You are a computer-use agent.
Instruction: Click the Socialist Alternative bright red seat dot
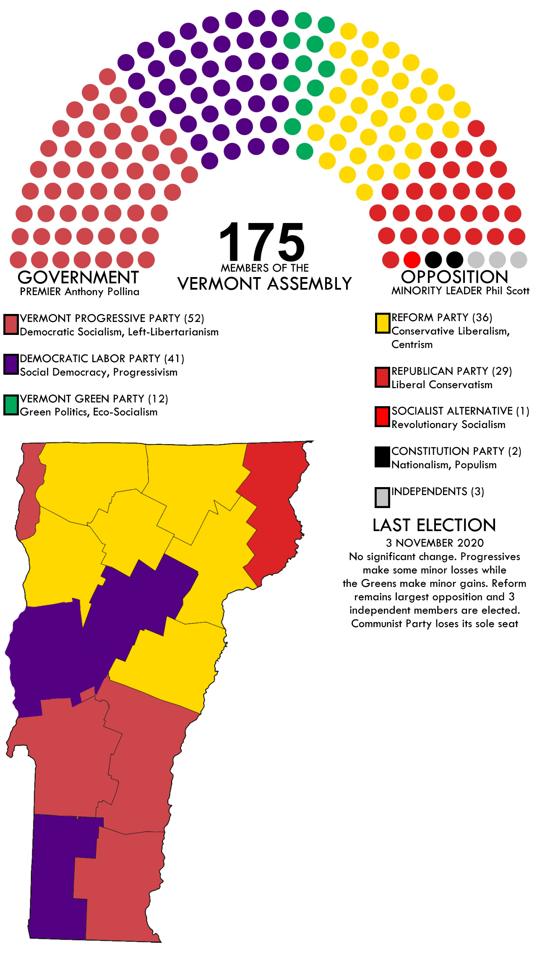tap(412, 260)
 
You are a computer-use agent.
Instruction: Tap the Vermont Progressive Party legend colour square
tap(11, 324)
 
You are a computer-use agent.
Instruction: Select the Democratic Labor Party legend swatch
tap(11, 364)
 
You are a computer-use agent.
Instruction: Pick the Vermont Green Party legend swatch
tap(11, 405)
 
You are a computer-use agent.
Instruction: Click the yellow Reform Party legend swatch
tap(382, 323)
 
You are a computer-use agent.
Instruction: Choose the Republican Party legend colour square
tap(382, 377)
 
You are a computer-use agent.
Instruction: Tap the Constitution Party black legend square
tap(382, 457)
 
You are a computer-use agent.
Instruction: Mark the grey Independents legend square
tap(382, 497)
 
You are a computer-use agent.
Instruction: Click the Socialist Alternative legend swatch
tap(382, 417)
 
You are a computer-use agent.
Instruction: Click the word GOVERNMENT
tap(78, 278)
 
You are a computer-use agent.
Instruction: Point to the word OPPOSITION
tap(454, 277)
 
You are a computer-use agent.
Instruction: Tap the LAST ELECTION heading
tap(434, 525)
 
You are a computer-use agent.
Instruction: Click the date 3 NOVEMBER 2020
tap(435, 543)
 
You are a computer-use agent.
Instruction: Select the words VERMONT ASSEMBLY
tap(264, 284)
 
